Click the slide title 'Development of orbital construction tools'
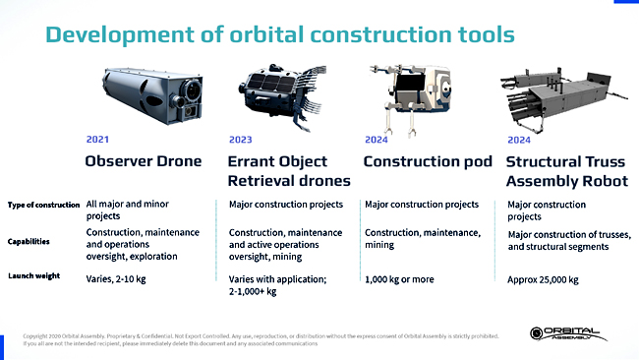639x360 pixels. tap(280, 35)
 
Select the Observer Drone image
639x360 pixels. tap(146, 93)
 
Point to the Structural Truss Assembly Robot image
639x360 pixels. tap(560, 93)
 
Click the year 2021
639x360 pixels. tap(98, 140)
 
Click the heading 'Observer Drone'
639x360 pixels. tap(144, 161)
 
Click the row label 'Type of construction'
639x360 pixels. tap(43, 206)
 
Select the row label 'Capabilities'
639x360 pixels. tap(29, 241)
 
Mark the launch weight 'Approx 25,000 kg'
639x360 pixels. tap(543, 280)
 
